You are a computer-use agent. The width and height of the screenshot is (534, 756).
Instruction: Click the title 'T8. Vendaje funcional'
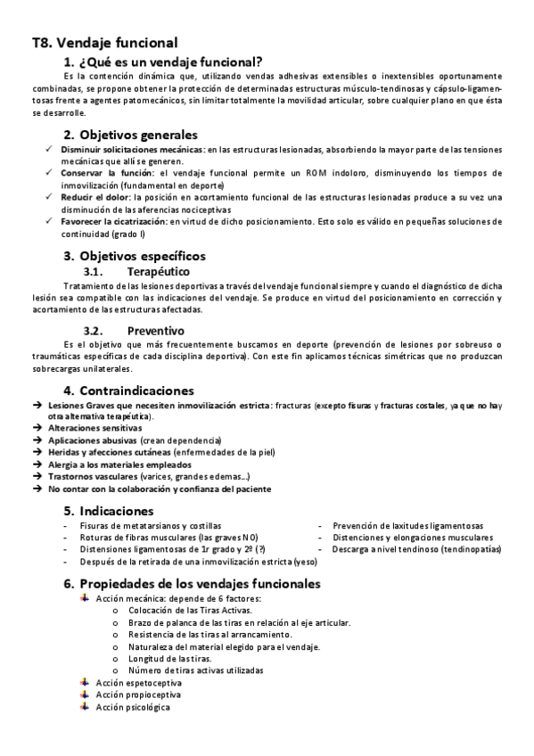(104, 42)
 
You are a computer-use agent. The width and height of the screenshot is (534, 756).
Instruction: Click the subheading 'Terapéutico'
(159, 271)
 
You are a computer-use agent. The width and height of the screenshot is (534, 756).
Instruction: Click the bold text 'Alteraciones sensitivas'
(94, 428)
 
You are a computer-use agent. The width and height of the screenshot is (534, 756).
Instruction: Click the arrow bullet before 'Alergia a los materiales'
(37, 464)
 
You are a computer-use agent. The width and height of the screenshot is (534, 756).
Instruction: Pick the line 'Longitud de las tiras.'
(165, 658)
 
